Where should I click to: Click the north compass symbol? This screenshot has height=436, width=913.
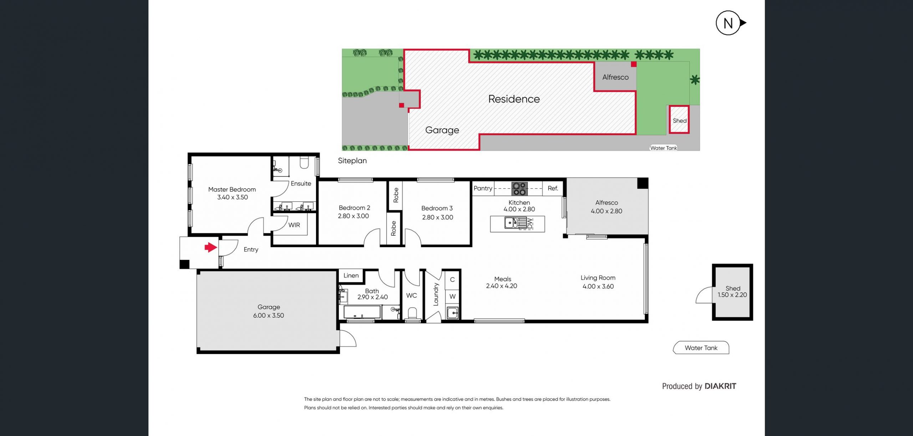[729, 23]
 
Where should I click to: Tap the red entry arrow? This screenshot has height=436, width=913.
[211, 247]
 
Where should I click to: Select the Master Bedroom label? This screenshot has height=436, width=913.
[232, 190]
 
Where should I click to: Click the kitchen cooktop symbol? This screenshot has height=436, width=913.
[520, 189]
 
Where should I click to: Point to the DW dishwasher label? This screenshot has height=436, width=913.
[530, 224]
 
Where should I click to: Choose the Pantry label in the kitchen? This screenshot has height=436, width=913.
[483, 188]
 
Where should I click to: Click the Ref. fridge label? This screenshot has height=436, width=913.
[553, 188]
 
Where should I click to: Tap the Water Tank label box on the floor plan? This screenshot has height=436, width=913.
[701, 348]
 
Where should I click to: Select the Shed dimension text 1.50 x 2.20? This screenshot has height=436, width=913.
[732, 295]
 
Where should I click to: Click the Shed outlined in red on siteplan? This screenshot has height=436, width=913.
[679, 120]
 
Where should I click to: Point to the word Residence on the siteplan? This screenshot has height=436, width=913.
[514, 99]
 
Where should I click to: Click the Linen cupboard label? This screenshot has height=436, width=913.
[351, 276]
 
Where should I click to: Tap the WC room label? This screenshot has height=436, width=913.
[412, 296]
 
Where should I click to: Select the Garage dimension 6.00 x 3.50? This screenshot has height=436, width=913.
[269, 316]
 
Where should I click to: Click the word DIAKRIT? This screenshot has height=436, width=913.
[720, 386]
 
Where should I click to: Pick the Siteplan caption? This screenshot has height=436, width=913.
[352, 161]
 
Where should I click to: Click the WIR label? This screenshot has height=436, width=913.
[294, 225]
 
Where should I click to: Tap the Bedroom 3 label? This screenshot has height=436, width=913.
[437, 208]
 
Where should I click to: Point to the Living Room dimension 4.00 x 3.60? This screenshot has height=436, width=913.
[598, 286]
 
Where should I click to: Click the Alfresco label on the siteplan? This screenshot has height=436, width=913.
[616, 77]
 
